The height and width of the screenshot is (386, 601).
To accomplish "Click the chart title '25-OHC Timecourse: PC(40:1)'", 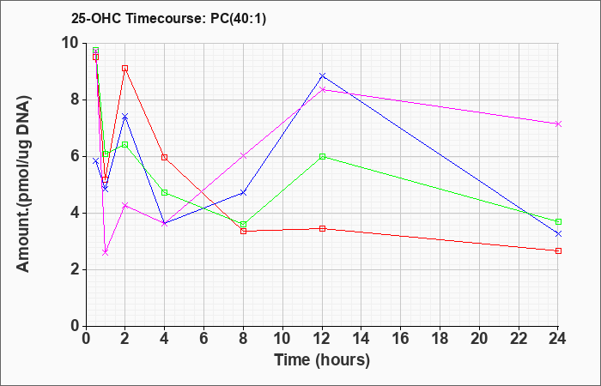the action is (168, 18).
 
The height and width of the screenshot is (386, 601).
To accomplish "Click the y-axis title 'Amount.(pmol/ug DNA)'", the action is (24, 184).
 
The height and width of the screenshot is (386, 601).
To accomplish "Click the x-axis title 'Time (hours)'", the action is (322, 360).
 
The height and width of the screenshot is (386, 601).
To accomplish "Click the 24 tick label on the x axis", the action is (557, 339).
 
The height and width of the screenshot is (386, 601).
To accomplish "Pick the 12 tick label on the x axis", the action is (322, 339).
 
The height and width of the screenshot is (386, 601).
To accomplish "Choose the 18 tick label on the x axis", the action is (440, 339).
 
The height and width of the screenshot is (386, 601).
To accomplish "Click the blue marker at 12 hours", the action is (322, 75).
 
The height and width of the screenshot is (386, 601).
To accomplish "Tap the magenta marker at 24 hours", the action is (558, 124).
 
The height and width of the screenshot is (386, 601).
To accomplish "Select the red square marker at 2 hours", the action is (125, 68).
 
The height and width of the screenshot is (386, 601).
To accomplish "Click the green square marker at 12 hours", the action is (322, 156).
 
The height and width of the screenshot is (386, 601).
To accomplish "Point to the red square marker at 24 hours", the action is (558, 250).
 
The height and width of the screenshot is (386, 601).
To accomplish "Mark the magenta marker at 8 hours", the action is (243, 155).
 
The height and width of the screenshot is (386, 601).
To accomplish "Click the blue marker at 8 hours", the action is (243, 192).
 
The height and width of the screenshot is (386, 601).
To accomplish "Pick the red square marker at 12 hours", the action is (322, 229).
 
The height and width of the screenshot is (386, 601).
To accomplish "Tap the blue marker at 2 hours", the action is (125, 116).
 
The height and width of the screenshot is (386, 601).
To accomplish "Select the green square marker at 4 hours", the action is (165, 192).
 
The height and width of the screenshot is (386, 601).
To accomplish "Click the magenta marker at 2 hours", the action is (125, 205).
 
